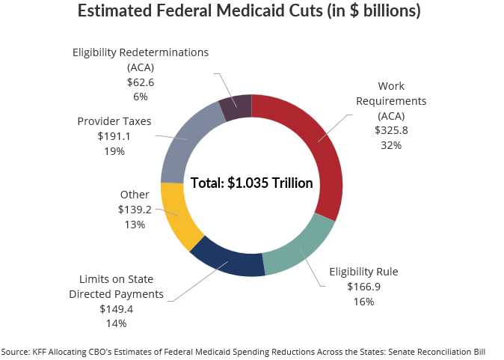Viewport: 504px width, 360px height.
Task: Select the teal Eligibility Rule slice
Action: tap(299, 248)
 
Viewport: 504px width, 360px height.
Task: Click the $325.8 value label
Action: tap(391, 129)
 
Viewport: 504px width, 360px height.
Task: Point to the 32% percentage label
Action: tap(391, 145)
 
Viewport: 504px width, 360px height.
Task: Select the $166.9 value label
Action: tap(363, 286)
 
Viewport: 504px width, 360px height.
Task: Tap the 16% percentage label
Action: tap(363, 302)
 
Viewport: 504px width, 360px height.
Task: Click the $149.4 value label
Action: tap(116, 308)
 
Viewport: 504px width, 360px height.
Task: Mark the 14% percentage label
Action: tap(116, 323)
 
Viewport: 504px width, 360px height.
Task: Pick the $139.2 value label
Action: tap(135, 210)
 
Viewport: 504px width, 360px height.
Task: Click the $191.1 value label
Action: tap(114, 136)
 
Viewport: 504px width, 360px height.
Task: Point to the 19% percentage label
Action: tap(114, 151)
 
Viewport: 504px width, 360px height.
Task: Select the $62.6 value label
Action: tap(141, 82)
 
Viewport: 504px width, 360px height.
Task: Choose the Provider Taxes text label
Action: tap(114, 120)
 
